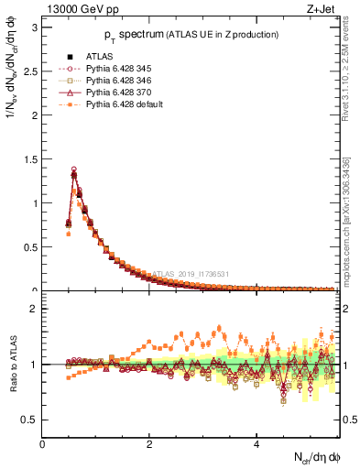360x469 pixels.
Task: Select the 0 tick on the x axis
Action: [x=42, y=444]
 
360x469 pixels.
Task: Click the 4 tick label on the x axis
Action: [x=256, y=444]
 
